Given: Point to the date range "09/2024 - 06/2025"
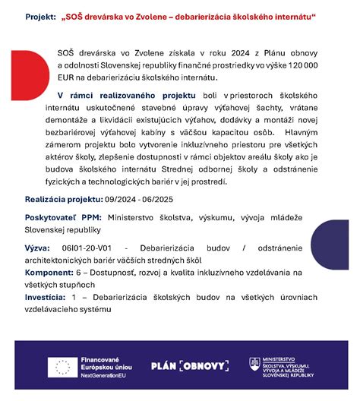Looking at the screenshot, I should (141, 199).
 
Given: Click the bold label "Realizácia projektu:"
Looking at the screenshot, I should (64, 199).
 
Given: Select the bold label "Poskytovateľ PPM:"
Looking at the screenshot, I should (63, 217).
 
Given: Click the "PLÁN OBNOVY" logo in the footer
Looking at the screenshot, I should (190, 366).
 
